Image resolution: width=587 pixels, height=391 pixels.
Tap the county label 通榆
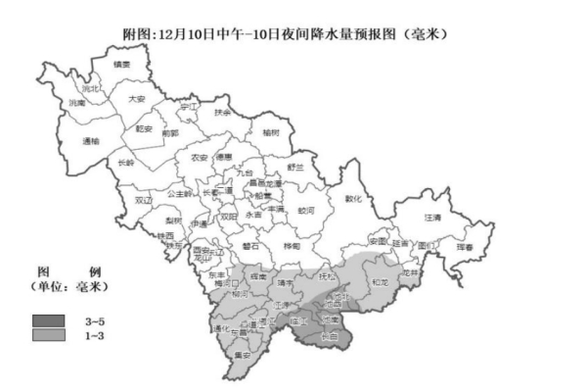tap(91, 141)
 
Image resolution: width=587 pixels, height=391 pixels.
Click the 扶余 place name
tap(223, 113)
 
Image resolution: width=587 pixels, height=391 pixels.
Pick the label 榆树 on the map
tap(271, 130)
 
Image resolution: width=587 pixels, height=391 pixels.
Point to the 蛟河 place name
tap(306, 210)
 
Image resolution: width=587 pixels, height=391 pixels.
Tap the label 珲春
tap(465, 248)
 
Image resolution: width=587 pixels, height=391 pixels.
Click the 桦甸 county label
tap(292, 246)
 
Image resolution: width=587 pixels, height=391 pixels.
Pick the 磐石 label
tap(250, 247)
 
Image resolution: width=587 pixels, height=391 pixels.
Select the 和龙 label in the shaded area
tap(383, 284)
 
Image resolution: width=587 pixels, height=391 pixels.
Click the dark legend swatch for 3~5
tap(48, 321)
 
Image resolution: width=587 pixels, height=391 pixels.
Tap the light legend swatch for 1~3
tap(48, 336)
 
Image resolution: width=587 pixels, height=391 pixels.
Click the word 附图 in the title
tap(138, 34)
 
